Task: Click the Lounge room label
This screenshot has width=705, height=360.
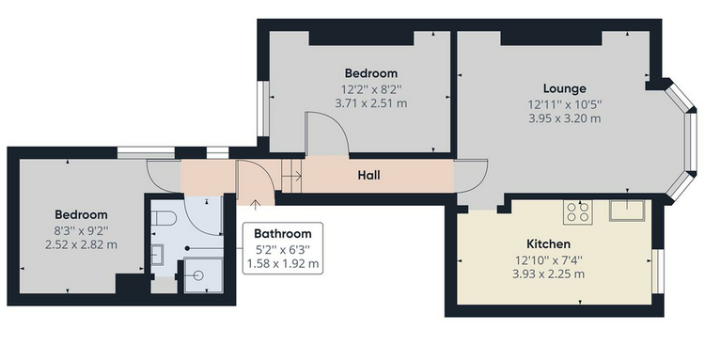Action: click(564, 88)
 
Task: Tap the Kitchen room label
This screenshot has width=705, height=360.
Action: click(548, 244)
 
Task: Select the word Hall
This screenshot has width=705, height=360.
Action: click(368, 175)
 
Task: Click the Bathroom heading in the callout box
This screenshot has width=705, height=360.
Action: click(282, 234)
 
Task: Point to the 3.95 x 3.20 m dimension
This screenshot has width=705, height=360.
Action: click(564, 118)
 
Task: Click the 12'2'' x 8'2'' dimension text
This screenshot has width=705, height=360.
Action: click(371, 89)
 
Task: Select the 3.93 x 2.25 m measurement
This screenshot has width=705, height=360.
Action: click(549, 274)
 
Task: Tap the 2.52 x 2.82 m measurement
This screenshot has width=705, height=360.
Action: click(81, 245)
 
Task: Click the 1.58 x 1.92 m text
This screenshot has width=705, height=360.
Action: click(283, 263)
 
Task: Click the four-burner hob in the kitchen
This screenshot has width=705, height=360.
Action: click(578, 211)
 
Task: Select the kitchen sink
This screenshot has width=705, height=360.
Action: click(627, 211)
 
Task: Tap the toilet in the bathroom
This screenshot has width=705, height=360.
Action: click(163, 218)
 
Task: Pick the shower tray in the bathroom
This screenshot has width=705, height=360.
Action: click(204, 274)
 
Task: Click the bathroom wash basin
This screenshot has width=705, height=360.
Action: click(157, 255)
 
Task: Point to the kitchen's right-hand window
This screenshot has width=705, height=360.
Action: click(658, 271)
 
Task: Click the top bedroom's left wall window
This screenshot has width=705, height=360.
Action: click(263, 108)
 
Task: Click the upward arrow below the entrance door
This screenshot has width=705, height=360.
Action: click(255, 205)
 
